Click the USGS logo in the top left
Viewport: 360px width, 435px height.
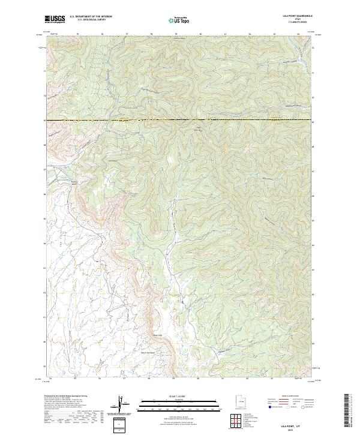coord(55,19)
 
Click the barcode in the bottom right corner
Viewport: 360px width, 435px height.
coord(350,413)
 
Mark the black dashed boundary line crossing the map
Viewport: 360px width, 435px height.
coord(180,121)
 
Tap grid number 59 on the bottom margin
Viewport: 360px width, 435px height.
coord(173,379)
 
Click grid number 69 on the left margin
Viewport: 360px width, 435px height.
coord(44,121)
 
